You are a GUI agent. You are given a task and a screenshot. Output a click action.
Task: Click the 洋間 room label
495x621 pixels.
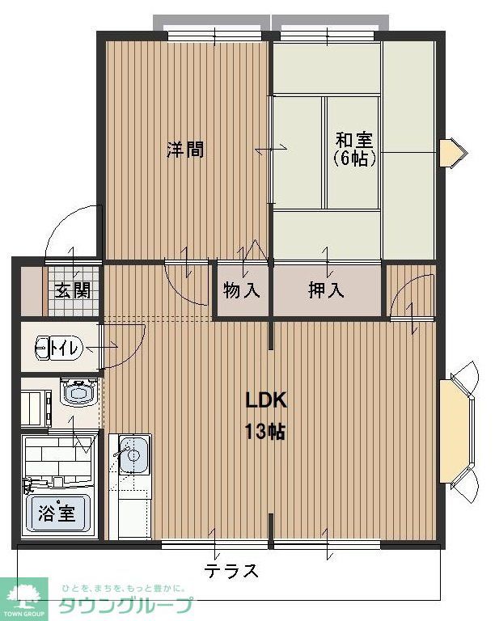185,150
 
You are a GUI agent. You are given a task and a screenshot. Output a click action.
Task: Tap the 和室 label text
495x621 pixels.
354,139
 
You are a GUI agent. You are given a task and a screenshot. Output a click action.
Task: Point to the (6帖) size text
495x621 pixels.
354,158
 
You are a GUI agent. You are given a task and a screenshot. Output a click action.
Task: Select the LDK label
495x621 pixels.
266,400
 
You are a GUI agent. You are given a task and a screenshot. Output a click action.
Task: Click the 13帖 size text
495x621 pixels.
266,431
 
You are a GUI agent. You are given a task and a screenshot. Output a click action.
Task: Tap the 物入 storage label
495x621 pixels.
242,290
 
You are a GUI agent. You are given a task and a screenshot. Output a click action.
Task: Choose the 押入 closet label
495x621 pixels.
326,290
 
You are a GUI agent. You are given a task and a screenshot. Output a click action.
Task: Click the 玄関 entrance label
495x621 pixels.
73,290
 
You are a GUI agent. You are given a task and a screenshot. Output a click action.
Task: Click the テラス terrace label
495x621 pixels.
231,571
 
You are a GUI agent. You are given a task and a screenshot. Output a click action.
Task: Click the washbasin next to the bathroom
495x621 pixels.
78,395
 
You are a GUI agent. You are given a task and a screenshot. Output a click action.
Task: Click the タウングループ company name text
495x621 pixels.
126,606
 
